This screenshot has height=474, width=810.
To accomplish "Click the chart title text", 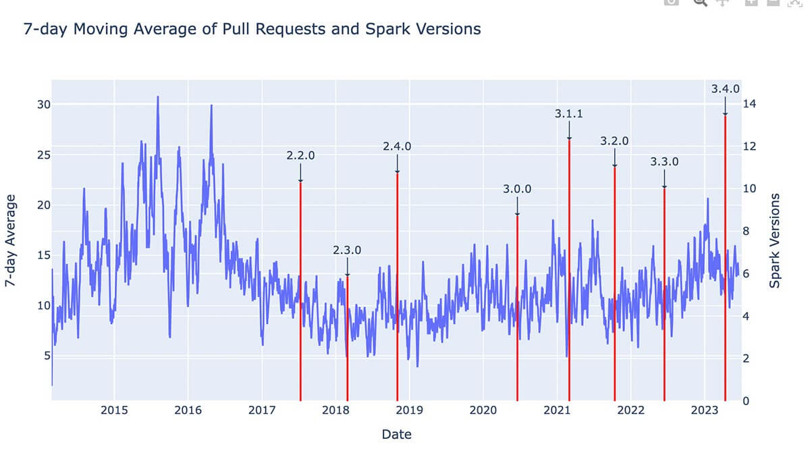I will (252, 29).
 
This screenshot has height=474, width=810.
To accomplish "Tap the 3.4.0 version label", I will (726, 88).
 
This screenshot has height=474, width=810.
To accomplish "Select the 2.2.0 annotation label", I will (300, 155).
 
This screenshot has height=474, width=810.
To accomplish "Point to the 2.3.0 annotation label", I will (347, 250).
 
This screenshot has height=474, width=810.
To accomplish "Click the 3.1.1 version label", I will (569, 114).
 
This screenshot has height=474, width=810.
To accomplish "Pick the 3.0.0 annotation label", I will (517, 189).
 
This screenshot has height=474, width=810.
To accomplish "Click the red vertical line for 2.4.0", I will (397, 284).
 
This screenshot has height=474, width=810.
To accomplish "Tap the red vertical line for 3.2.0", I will (614, 284).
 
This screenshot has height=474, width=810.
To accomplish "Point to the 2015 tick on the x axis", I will (114, 411).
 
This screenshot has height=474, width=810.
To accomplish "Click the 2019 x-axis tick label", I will (409, 411).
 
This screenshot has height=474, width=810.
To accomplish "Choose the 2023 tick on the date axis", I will (704, 411).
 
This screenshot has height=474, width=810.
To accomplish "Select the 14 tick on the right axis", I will (749, 104).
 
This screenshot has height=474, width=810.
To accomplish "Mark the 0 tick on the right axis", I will (746, 401).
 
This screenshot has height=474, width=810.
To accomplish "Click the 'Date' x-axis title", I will (396, 434).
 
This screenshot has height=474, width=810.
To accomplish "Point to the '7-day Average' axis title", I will (11, 241).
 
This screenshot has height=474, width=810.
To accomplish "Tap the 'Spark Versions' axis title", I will (775, 240).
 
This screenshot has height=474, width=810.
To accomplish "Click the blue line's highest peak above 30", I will (158, 97).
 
